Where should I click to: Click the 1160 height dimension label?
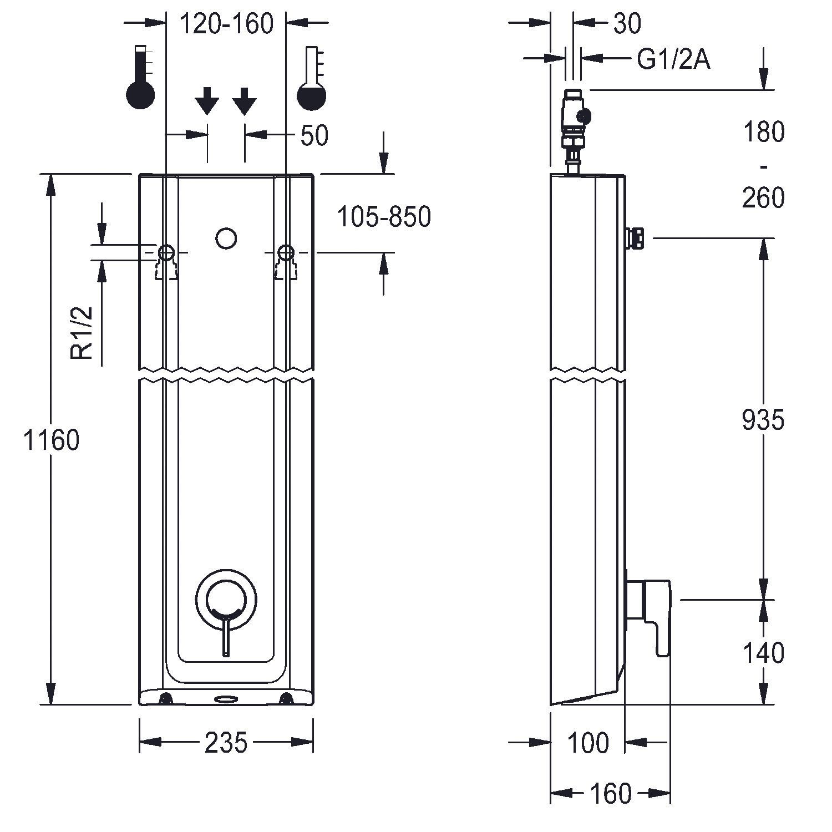[x=52, y=440]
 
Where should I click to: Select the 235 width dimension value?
[x=226, y=743]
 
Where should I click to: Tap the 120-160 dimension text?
[x=226, y=24]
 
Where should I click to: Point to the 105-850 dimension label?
[x=384, y=217]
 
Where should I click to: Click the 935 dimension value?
[x=763, y=420]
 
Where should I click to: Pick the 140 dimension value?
[x=763, y=652]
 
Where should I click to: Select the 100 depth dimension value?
[x=588, y=743]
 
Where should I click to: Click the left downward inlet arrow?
[x=207, y=101]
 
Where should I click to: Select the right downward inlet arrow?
[x=244, y=101]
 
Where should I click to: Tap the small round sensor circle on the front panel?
[x=226, y=239]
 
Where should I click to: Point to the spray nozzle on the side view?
[x=635, y=238]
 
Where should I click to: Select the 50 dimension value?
[x=314, y=135]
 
